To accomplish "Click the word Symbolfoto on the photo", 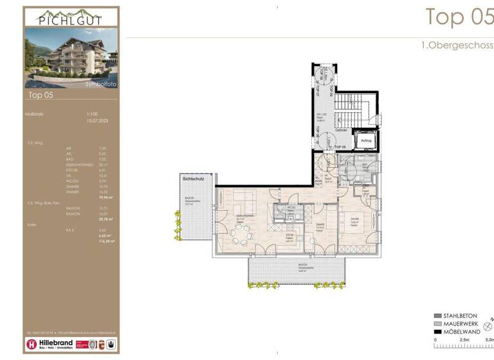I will pyautogui.click(x=100, y=84).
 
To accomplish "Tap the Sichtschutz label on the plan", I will pyautogui.click(x=194, y=179).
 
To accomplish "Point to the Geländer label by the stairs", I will pyautogui.click(x=341, y=130).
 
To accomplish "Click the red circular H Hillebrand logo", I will pyautogui.click(x=32, y=344).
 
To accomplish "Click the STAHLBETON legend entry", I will pyautogui.click(x=459, y=316).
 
